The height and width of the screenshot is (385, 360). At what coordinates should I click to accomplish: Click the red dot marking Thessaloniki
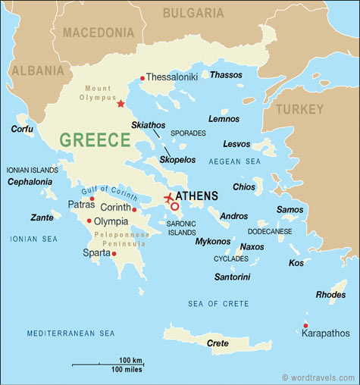pyautogui.click(x=142, y=77)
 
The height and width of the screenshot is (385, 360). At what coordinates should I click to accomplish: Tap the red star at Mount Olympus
pyautogui.click(x=121, y=103)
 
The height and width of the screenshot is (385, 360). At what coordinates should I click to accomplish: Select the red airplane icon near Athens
pyautogui.click(x=168, y=199)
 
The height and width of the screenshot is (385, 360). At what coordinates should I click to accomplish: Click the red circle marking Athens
pyautogui.click(x=175, y=206)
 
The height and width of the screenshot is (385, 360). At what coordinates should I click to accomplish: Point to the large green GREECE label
pyautogui.click(x=95, y=139)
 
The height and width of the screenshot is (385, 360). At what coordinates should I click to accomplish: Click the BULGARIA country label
pyautogui.click(x=194, y=13)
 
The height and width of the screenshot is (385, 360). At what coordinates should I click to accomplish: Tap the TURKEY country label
pyautogui.click(x=299, y=110)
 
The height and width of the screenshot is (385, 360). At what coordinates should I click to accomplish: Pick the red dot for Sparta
pyautogui.click(x=114, y=253)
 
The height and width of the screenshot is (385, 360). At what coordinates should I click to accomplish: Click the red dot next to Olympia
pyautogui.click(x=89, y=221)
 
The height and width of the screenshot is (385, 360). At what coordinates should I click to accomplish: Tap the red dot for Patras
pyautogui.click(x=92, y=199)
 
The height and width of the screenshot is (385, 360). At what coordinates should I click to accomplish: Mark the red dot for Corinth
pyautogui.click(x=134, y=209)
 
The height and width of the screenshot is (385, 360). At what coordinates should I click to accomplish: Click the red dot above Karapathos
pyautogui.click(x=305, y=326)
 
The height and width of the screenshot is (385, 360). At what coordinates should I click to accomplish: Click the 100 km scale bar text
pyautogui.click(x=131, y=359)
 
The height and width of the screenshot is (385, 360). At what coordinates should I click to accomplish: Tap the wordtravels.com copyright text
pyautogui.click(x=318, y=377)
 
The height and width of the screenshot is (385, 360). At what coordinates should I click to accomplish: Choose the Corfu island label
pyautogui.click(x=22, y=129)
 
